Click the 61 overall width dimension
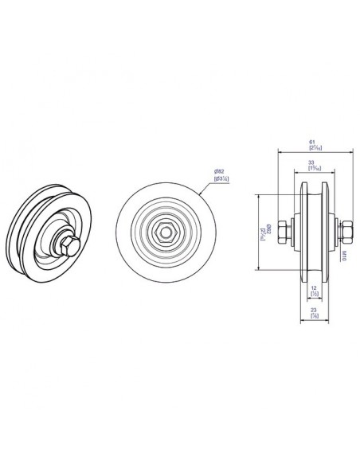[311, 143]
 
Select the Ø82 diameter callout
[217, 173]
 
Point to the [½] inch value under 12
[313, 295]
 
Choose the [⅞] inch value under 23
[314, 316]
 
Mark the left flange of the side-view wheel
[300, 232]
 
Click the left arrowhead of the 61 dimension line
[279, 150]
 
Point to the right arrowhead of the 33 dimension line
[323, 173]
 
